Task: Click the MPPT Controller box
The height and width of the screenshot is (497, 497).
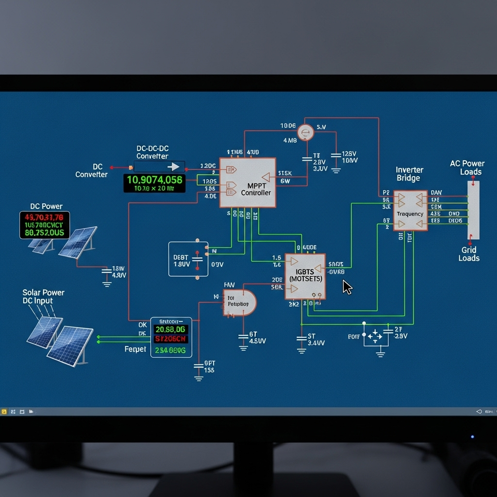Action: (248, 183)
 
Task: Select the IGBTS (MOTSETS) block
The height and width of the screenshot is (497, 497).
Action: (305, 276)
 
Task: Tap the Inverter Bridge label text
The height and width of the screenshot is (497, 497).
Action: (409, 174)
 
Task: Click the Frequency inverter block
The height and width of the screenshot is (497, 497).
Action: (410, 211)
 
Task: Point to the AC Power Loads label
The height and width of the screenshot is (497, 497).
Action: (467, 167)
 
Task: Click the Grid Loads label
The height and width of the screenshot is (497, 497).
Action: (469, 254)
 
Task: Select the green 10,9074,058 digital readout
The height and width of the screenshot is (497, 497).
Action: (154, 180)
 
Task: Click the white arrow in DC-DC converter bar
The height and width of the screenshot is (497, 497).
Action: (173, 167)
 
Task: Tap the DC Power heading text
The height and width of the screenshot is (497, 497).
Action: (46, 206)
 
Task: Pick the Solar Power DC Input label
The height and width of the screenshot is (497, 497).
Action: (43, 297)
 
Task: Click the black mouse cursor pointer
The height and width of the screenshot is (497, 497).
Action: (347, 287)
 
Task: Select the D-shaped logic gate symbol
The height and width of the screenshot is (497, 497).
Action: (239, 303)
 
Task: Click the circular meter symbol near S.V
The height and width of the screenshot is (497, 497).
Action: (306, 132)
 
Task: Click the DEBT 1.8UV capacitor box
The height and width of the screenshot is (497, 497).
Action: (188, 259)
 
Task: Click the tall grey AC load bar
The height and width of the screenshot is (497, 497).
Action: (473, 210)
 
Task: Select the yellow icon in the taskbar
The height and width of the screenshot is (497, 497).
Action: (4, 412)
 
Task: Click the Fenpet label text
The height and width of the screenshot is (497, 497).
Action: (135, 349)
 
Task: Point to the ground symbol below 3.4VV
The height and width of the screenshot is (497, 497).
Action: (301, 350)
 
